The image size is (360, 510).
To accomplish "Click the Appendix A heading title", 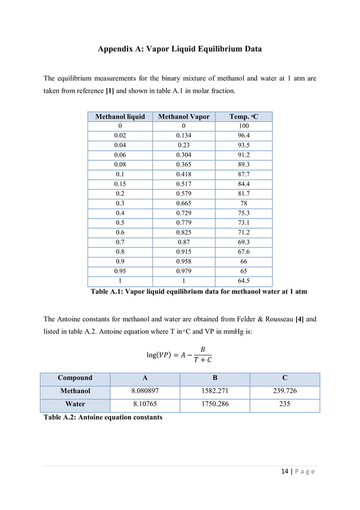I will pyautogui.click(x=179, y=49).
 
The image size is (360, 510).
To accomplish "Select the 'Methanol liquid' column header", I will pyautogui.click(x=120, y=117).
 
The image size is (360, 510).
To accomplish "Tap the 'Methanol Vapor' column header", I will pyautogui.click(x=183, y=117).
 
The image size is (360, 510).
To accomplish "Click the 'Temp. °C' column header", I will pyautogui.click(x=244, y=117).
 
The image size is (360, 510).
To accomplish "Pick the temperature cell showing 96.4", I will pyautogui.click(x=244, y=136).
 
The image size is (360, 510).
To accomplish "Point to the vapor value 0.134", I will pyautogui.click(x=183, y=136).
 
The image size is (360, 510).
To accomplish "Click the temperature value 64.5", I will pyautogui.click(x=244, y=281).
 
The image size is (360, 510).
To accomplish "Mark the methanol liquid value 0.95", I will pyautogui.click(x=120, y=271).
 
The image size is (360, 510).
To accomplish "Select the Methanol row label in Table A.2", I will pyautogui.click(x=75, y=391).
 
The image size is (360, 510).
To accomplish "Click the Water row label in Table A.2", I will pyautogui.click(x=75, y=404).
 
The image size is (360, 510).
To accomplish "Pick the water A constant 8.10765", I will pyautogui.click(x=145, y=404).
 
